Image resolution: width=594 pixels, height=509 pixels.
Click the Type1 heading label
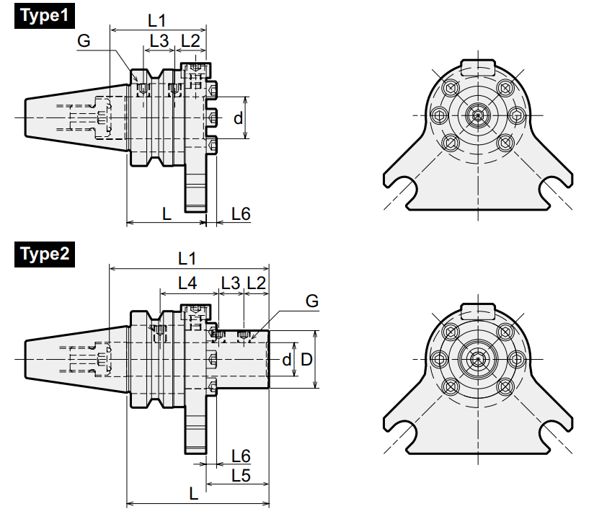click(x=45, y=16)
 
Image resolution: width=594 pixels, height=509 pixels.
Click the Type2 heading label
click(x=45, y=254)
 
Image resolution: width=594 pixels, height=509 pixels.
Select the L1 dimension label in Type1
click(x=157, y=20)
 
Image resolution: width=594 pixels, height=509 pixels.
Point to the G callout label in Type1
click(x=84, y=40)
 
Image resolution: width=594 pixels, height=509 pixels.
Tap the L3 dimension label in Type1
click(x=159, y=40)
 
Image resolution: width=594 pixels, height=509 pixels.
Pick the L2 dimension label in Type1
click(x=190, y=40)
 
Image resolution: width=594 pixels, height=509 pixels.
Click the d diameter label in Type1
click(x=238, y=118)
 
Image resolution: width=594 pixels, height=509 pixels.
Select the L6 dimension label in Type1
click(x=241, y=213)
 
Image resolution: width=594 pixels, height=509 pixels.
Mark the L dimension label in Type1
click(x=167, y=214)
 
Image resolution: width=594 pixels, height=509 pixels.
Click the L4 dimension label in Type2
click(x=187, y=283)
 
